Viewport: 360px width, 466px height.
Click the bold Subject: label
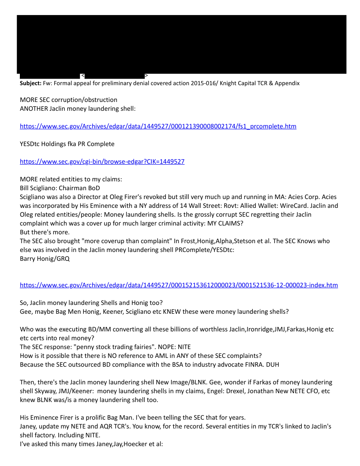(30, 83)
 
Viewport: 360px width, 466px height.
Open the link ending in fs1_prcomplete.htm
(158, 126)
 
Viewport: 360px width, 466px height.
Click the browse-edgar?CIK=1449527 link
(102, 162)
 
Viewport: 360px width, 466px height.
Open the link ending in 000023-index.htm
(179, 285)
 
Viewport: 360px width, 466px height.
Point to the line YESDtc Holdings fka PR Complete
(67, 144)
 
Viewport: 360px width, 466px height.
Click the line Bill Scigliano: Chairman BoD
(60, 188)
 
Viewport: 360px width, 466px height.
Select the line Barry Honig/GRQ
(45, 259)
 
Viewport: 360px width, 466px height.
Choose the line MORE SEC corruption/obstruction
(68, 100)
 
